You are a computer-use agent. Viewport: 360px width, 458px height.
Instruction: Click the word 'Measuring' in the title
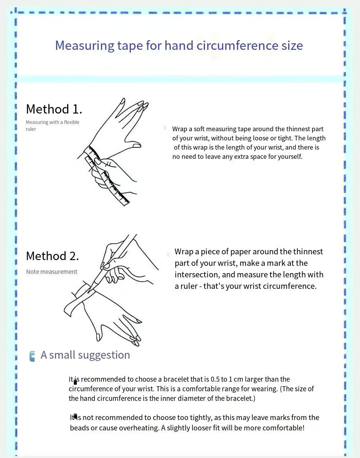point(85,46)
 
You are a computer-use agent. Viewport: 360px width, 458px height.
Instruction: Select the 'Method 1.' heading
point(54,109)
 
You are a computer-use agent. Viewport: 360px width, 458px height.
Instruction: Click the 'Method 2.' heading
point(53,256)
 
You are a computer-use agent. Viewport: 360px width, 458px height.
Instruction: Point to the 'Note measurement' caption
point(52,272)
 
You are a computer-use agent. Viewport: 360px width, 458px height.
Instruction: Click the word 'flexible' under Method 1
point(72,122)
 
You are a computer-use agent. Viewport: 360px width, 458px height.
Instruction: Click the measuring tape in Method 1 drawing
point(107,176)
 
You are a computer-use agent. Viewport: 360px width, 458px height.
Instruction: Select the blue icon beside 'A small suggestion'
point(32,356)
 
